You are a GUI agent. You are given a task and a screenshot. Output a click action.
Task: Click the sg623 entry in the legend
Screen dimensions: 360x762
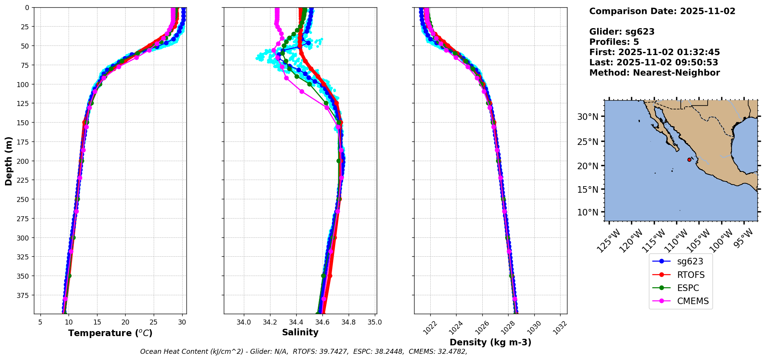tap(690, 261)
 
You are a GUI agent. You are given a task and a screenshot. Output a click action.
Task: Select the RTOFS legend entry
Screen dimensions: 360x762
tap(691, 275)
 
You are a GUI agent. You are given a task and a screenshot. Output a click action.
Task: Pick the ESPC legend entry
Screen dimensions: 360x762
tap(688, 288)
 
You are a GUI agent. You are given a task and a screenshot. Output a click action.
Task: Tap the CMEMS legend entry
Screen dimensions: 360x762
tap(693, 301)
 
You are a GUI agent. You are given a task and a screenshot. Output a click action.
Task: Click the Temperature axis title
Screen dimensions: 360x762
tap(110, 333)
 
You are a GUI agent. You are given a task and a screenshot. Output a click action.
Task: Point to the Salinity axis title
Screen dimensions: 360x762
tap(300, 332)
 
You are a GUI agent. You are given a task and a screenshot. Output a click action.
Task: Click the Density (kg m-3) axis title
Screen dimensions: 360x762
tap(490, 342)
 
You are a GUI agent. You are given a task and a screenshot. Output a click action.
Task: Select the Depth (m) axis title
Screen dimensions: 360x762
tap(8, 161)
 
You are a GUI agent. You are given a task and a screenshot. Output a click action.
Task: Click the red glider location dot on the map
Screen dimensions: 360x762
tap(689, 160)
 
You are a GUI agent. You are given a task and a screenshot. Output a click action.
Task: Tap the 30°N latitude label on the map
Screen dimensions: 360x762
tap(587, 117)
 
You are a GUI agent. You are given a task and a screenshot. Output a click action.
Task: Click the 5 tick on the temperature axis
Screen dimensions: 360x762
tap(40, 322)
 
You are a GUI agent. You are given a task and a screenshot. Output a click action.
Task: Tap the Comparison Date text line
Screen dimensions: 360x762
tap(662, 11)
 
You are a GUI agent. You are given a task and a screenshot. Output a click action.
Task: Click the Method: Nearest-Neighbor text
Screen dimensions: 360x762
tap(655, 72)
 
